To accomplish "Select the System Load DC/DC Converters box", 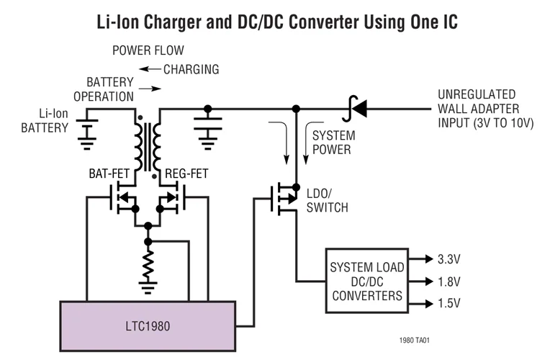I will tap(366, 281).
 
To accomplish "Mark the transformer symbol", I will tap(148, 144).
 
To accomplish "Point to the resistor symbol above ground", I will tap(148, 267).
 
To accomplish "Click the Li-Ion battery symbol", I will tap(89, 127).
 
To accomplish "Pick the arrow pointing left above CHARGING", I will tap(149, 70).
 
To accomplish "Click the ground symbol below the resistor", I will tap(148, 289).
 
